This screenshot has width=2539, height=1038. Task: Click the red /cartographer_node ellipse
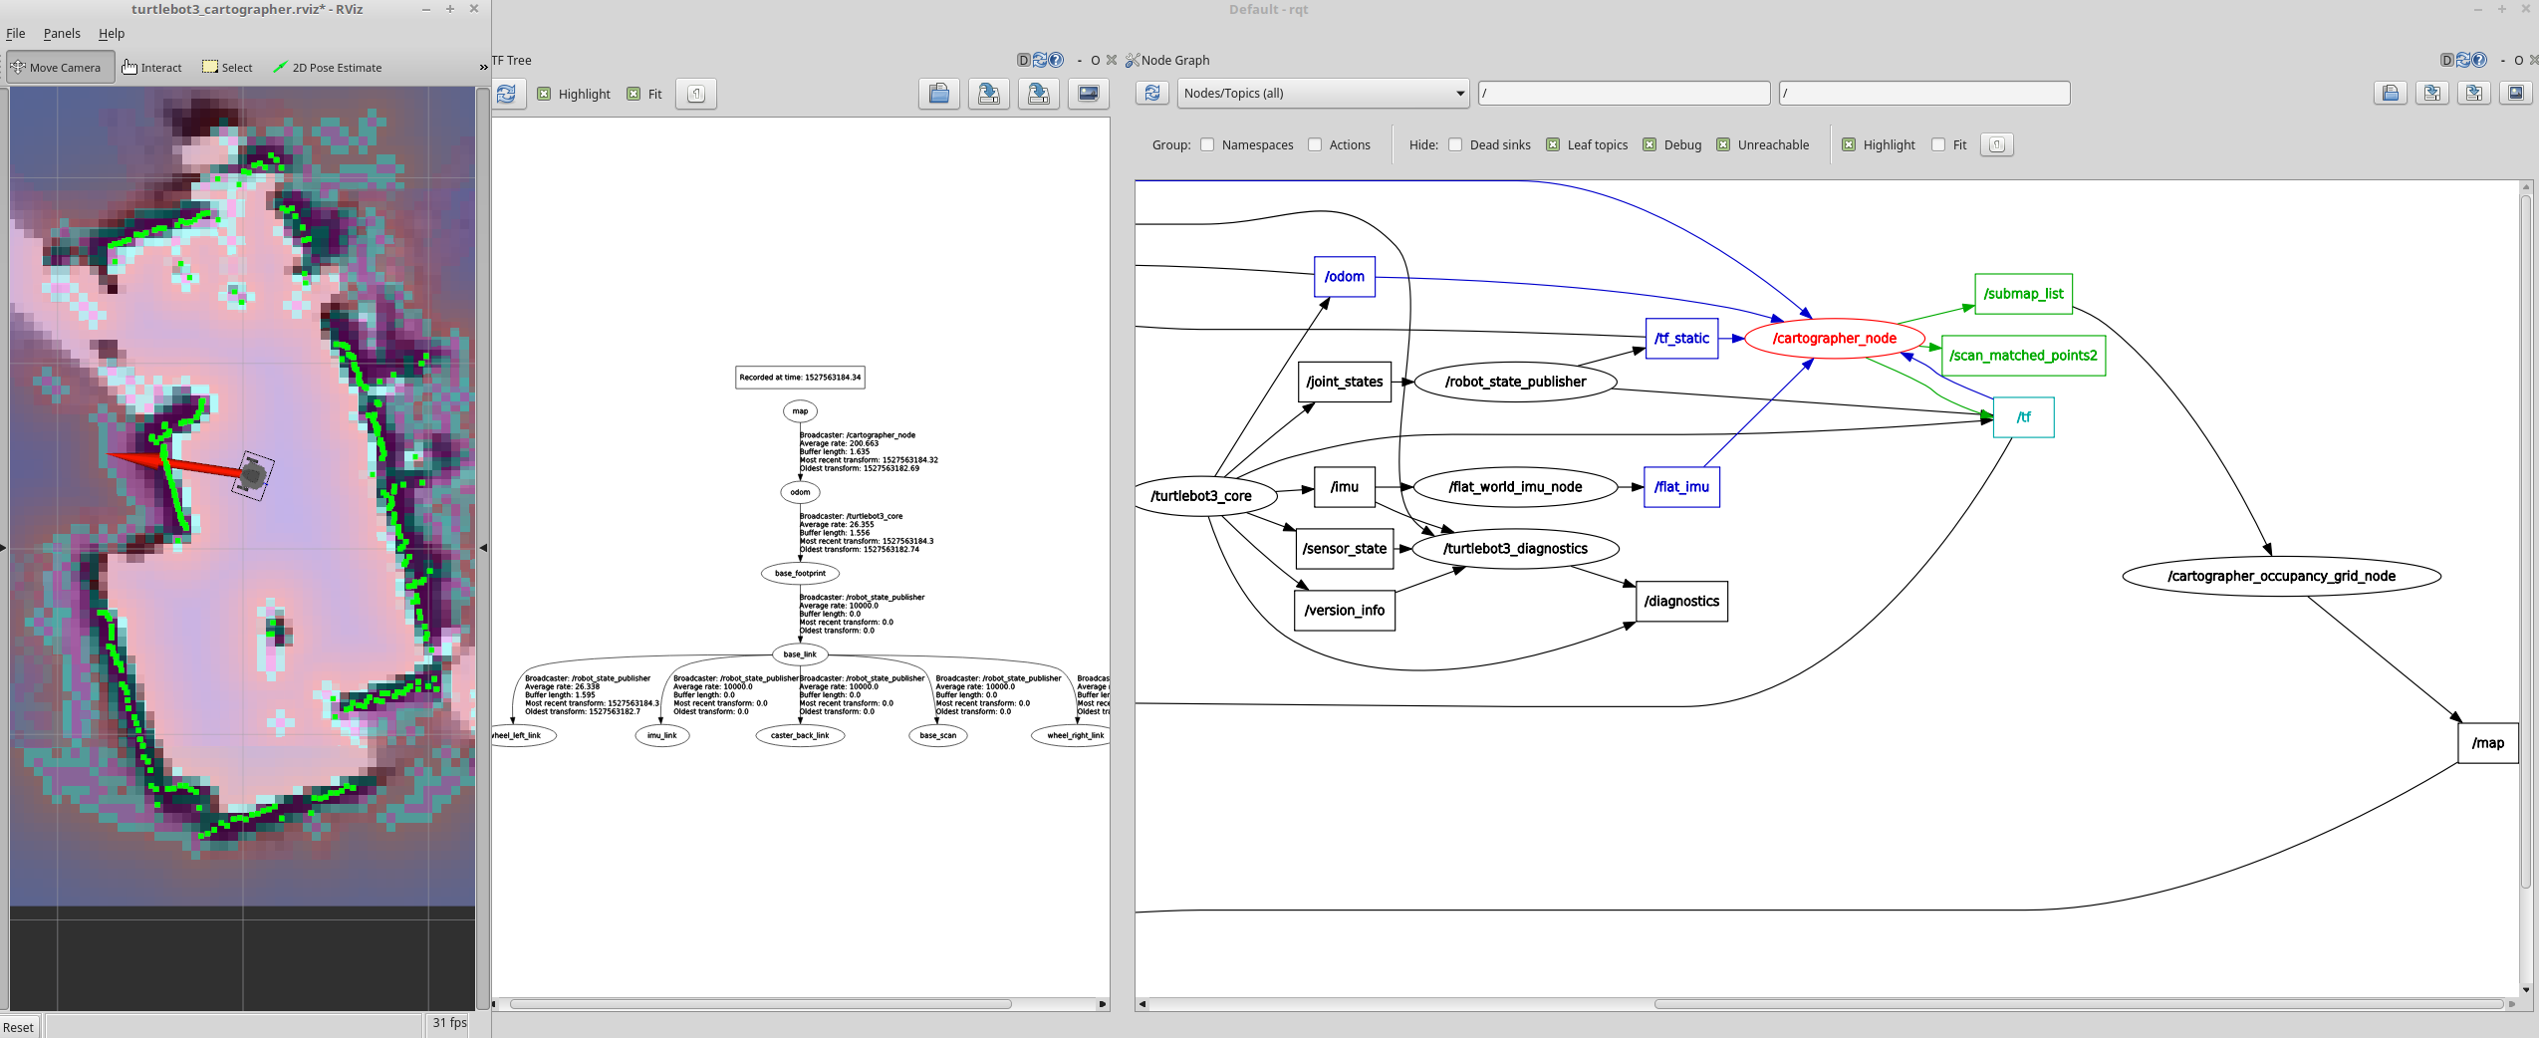point(1834,339)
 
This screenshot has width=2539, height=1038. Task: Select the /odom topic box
point(1344,277)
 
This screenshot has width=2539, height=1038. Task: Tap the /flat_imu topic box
point(1681,487)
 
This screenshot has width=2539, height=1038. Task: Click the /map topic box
point(2487,743)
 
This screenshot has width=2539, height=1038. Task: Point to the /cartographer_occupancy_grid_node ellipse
point(2281,576)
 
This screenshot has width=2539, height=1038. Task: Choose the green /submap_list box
point(2023,294)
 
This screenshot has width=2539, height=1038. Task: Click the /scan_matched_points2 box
point(2023,356)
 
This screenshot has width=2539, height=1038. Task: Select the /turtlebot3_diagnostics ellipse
point(1515,549)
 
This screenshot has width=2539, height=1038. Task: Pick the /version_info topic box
point(1344,611)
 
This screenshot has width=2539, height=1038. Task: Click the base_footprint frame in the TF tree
point(800,573)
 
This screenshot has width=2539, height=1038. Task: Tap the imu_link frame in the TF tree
point(661,736)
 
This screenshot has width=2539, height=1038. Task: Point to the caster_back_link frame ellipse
point(800,736)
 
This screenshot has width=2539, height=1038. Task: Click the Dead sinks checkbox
point(1455,144)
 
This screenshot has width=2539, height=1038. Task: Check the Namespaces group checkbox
point(1207,144)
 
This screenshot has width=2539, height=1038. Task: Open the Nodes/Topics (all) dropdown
point(1323,94)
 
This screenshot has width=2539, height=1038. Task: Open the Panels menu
point(62,34)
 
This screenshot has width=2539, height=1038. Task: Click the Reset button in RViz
point(18,1027)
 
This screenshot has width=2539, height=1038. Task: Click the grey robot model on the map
point(253,476)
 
